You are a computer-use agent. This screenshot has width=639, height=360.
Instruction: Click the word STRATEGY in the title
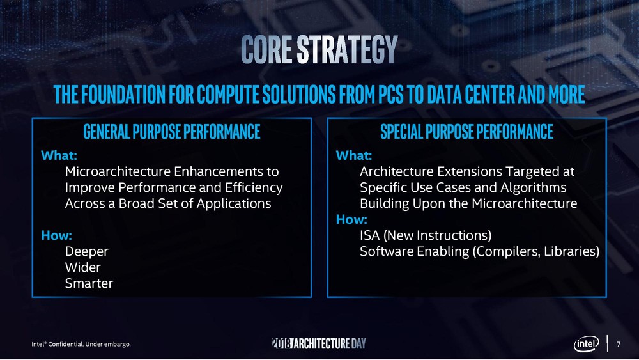click(x=347, y=49)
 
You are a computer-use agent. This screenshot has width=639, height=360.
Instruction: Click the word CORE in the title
click(x=266, y=49)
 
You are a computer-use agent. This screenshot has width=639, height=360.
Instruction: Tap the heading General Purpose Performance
click(x=171, y=132)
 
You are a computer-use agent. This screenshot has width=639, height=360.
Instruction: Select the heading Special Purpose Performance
click(x=466, y=132)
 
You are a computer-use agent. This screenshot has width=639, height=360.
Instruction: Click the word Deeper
click(x=86, y=251)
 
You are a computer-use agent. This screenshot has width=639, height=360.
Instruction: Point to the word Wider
click(x=82, y=267)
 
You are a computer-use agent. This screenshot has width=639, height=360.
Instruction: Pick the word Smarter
click(x=89, y=283)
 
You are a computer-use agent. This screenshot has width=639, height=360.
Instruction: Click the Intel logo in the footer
click(x=587, y=343)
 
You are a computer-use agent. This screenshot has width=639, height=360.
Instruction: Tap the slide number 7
click(x=619, y=344)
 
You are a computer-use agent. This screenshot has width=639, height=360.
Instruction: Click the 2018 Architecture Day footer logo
click(x=319, y=343)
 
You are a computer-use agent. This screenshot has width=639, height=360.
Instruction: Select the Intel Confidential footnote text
click(x=81, y=344)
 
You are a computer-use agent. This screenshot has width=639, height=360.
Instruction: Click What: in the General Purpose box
click(x=59, y=155)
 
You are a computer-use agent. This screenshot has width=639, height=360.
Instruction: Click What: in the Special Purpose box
click(x=354, y=155)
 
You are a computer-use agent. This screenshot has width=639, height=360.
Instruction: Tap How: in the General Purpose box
click(x=57, y=235)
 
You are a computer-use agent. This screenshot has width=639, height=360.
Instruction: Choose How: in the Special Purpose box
click(x=351, y=219)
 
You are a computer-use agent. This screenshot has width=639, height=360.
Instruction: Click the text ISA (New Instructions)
click(x=426, y=236)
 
